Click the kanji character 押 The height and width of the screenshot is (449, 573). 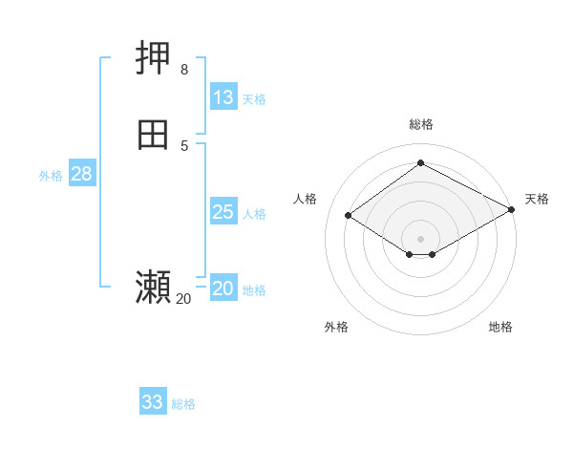154,60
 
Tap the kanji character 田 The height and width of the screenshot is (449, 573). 154,135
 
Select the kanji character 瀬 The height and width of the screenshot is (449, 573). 154,287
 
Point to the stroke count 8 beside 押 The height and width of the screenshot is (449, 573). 184,70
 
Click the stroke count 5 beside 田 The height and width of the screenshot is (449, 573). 184,144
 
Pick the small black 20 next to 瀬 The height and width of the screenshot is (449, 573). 183,299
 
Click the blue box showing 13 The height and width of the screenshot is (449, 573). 223,97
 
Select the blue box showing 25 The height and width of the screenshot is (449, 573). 223,212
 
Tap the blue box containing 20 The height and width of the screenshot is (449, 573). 223,289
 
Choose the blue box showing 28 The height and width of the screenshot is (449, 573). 81,174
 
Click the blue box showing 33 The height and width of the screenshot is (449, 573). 153,402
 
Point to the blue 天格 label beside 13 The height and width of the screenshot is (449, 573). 254,99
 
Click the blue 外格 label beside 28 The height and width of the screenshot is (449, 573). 51,176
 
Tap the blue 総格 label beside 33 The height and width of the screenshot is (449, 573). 183,404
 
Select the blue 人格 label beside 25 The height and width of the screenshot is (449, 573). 254,214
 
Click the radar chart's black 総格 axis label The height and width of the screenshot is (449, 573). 420,124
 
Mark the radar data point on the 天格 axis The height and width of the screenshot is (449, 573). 511,211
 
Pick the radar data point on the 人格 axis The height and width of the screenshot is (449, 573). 349,216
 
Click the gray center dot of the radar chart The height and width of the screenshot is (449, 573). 420,239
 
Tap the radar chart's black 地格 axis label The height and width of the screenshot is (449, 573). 500,328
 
